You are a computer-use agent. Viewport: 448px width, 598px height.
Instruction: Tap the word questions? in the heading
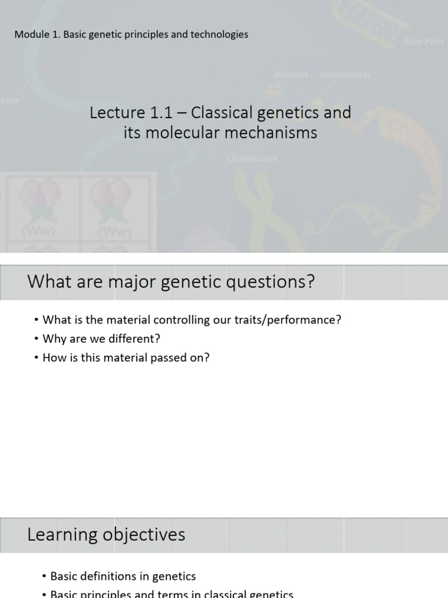point(274,282)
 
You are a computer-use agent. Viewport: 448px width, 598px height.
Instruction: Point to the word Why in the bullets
point(54,339)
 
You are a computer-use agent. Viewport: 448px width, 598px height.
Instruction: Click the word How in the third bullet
point(55,357)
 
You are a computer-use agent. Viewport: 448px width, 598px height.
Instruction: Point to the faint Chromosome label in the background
point(252,158)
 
